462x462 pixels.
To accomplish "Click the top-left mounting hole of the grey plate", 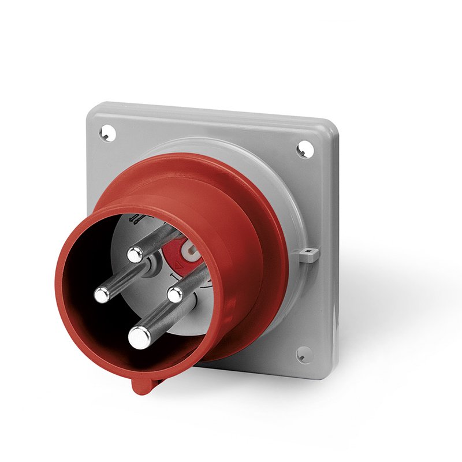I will tap(105, 133).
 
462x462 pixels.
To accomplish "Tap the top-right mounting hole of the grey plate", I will tap(302, 150).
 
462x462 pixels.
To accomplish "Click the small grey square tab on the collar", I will tap(310, 254).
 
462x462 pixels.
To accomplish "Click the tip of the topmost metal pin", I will tap(136, 253).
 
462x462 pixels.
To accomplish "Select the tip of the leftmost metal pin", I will tap(102, 295).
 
